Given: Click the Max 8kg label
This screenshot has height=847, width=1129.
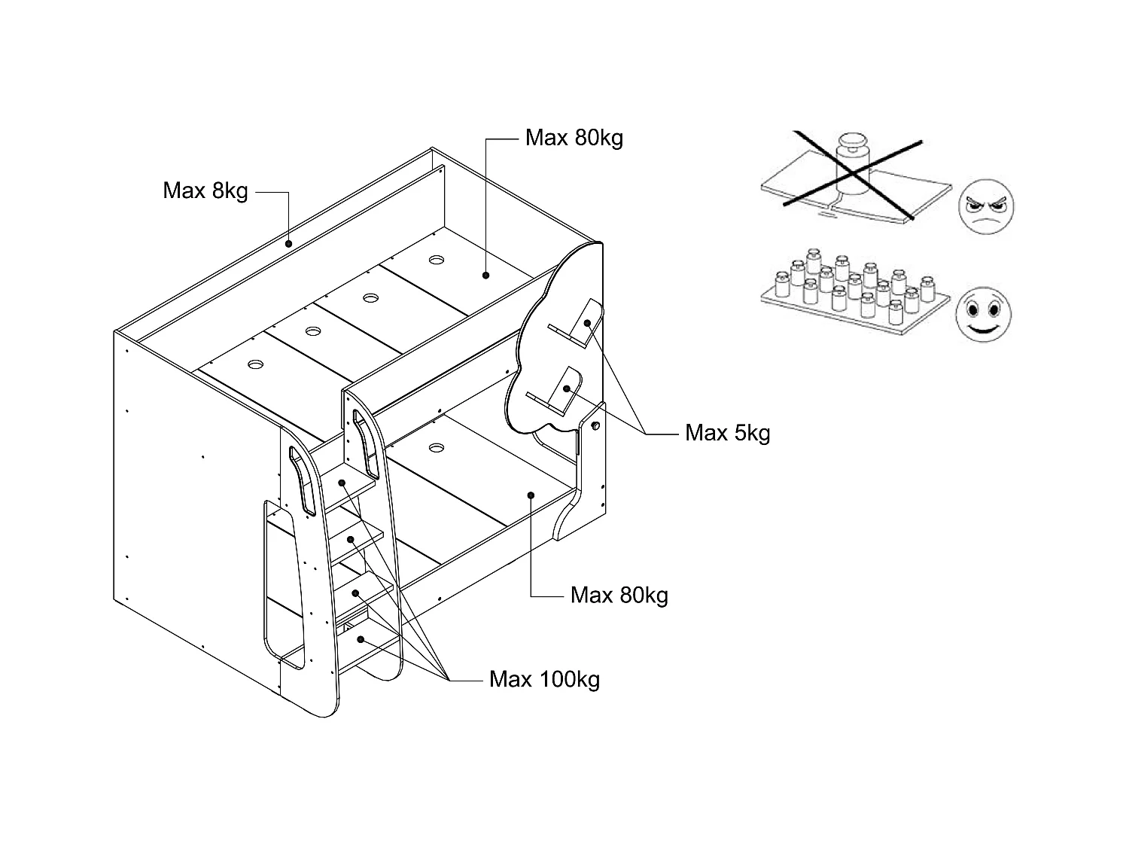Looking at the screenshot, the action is (x=205, y=190).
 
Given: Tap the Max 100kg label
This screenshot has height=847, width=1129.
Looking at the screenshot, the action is (x=544, y=679).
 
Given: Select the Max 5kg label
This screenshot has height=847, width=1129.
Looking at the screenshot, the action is (x=727, y=433).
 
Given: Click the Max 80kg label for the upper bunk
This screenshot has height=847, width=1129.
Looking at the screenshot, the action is (x=574, y=138).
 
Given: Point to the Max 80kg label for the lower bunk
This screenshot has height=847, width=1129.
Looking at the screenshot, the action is (x=619, y=596).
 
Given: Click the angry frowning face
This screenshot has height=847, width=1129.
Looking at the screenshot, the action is (x=986, y=207).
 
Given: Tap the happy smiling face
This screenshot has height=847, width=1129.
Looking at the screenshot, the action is (x=983, y=314).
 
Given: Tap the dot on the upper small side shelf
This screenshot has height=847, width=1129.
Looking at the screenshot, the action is (x=587, y=323).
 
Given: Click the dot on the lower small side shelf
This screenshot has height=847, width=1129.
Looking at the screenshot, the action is (x=566, y=388).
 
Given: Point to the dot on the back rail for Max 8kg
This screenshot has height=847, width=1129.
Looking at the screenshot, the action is (x=289, y=244).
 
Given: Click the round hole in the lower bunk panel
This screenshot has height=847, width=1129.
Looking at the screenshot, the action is (x=436, y=447).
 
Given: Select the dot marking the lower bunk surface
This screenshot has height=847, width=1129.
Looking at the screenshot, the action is (x=531, y=495).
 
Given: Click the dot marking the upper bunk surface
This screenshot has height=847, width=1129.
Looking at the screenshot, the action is (x=485, y=275).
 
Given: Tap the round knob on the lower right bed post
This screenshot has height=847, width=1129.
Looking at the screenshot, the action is (x=596, y=426).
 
